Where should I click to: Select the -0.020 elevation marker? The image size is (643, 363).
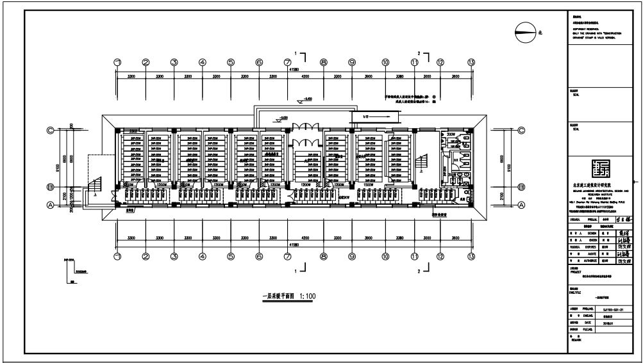point(283,118)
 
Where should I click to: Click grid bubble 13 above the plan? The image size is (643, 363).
point(471,62)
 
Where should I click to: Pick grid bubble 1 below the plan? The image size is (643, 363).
point(117,256)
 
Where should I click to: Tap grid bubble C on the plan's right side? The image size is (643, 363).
point(521,131)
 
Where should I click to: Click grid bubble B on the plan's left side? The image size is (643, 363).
point(50,187)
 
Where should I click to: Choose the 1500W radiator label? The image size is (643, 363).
point(368,184)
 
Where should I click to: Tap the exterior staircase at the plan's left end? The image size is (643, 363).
point(94,186)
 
